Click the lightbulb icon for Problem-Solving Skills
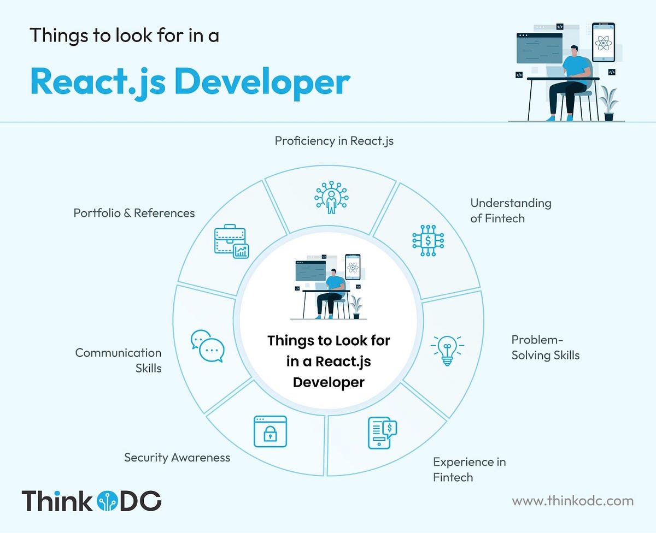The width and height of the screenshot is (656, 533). [447, 350]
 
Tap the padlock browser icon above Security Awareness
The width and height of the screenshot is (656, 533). [270, 431]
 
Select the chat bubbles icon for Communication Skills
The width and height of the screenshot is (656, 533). [207, 346]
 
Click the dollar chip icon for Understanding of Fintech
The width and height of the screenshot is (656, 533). [428, 240]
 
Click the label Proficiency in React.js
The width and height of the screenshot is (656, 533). [334, 141]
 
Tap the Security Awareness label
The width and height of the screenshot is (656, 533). [177, 458]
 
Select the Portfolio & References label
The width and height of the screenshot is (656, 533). [134, 213]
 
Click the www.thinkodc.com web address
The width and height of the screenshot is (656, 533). [572, 500]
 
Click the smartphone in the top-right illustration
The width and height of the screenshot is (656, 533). [604, 42]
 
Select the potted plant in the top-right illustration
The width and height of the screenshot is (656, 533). [608, 104]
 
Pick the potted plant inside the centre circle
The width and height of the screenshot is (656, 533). [356, 307]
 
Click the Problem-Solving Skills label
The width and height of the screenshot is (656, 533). [545, 347]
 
